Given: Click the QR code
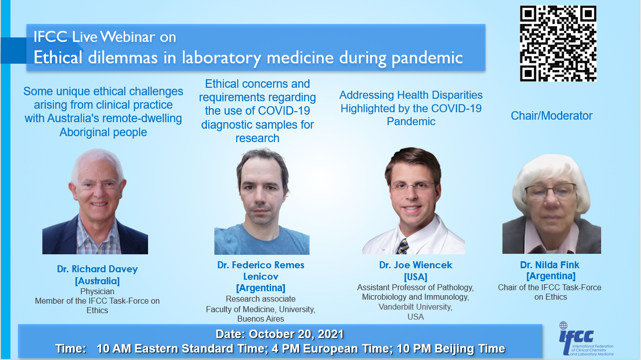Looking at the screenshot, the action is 558,43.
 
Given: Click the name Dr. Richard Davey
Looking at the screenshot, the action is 97,269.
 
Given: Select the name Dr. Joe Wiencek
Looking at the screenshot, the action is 416,265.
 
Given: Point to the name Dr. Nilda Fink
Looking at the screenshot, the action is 549,265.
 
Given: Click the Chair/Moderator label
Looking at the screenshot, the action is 551,116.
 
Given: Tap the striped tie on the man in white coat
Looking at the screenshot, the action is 403,246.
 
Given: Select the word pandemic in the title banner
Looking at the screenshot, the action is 427,58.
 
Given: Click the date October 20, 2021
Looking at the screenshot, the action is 296,334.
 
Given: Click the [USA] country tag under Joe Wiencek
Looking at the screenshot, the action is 416,277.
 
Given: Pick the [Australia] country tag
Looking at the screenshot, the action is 97,281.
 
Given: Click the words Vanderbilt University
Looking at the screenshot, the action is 416,307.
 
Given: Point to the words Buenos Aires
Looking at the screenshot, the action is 260,319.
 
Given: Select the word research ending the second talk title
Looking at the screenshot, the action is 257,138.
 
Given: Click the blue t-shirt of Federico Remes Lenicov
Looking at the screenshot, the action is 262,240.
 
